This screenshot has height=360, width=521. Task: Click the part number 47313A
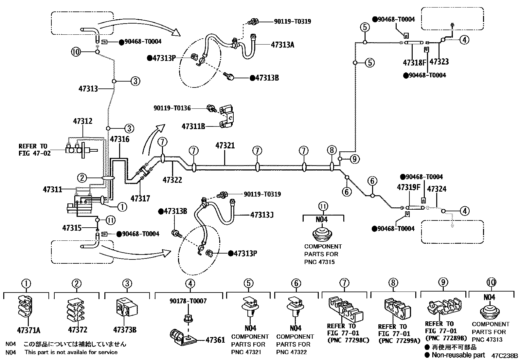(282, 45)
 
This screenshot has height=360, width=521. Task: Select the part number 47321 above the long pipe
(225, 145)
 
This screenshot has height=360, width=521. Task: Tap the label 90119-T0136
(172, 108)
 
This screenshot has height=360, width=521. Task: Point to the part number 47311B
(193, 126)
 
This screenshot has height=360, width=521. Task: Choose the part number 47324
(437, 189)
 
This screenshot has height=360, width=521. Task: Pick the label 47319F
(408, 187)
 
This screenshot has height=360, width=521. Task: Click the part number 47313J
(262, 215)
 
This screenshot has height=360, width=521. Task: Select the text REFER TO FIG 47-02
(35, 149)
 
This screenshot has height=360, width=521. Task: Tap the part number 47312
(82, 121)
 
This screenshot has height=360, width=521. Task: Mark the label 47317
(140, 198)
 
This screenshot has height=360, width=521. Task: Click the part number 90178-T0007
(188, 301)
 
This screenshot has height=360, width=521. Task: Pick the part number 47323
(439, 62)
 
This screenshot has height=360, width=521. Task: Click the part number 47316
(119, 139)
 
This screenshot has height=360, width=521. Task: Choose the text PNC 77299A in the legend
(399, 341)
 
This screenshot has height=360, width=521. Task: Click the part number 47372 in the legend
(78, 330)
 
